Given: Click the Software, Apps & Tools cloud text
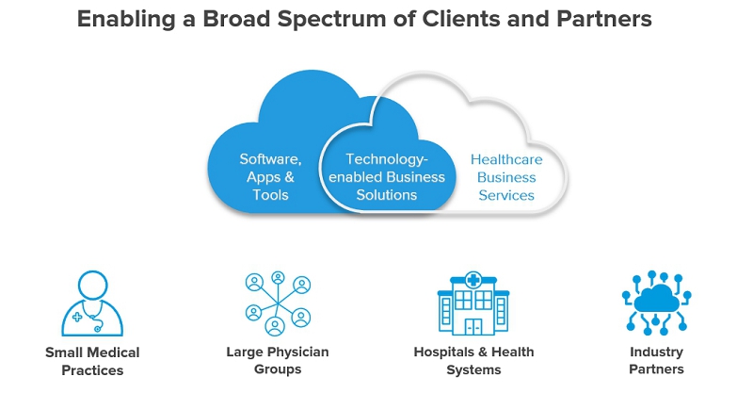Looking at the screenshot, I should click(x=270, y=177).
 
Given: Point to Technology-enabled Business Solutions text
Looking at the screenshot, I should click(x=387, y=177).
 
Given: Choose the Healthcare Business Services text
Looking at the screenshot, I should click(x=506, y=177).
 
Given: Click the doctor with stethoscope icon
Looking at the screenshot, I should click(x=92, y=303).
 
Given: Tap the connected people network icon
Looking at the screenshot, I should click(x=277, y=303).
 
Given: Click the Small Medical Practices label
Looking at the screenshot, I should click(x=92, y=361).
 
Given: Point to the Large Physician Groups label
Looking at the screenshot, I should click(x=277, y=361).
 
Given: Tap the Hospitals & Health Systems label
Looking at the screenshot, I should click(x=473, y=361).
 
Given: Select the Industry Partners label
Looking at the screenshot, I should click(x=657, y=361).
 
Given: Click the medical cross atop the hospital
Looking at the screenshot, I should click(x=473, y=280).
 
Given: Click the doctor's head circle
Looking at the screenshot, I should click(x=92, y=284).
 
